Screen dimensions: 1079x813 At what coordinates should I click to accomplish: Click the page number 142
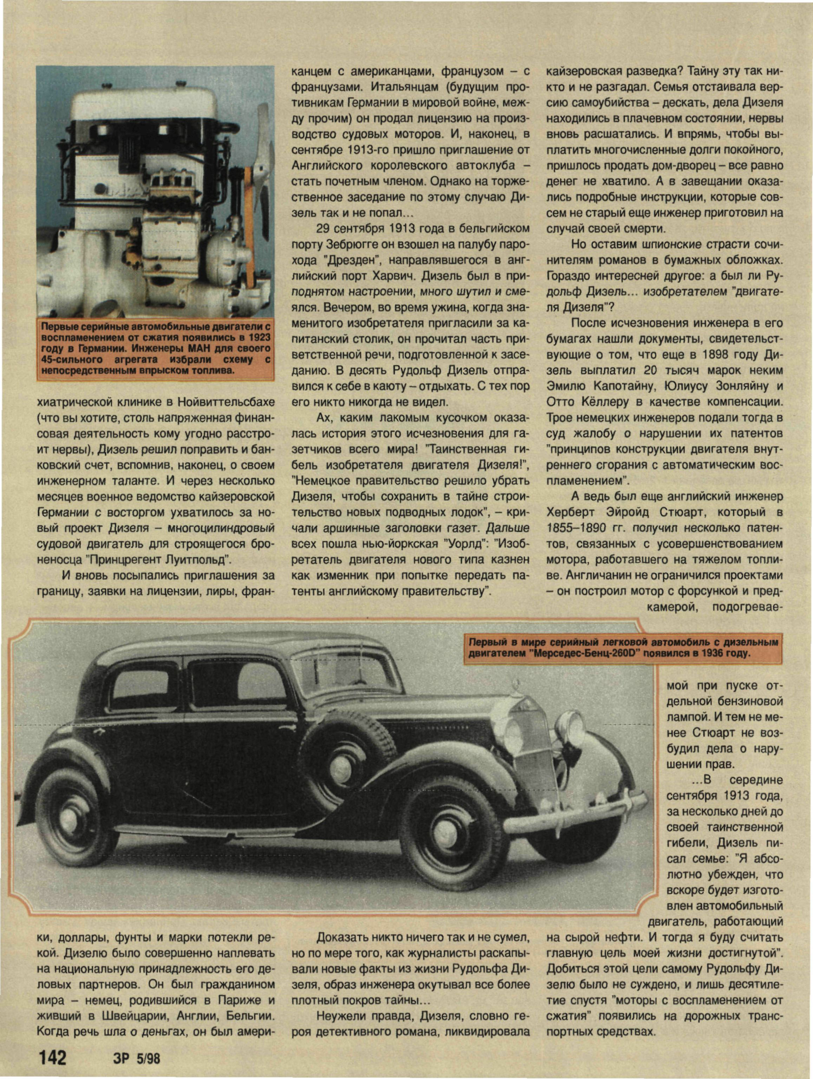(52, 1057)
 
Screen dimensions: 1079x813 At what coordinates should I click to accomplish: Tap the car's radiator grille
(532, 746)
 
